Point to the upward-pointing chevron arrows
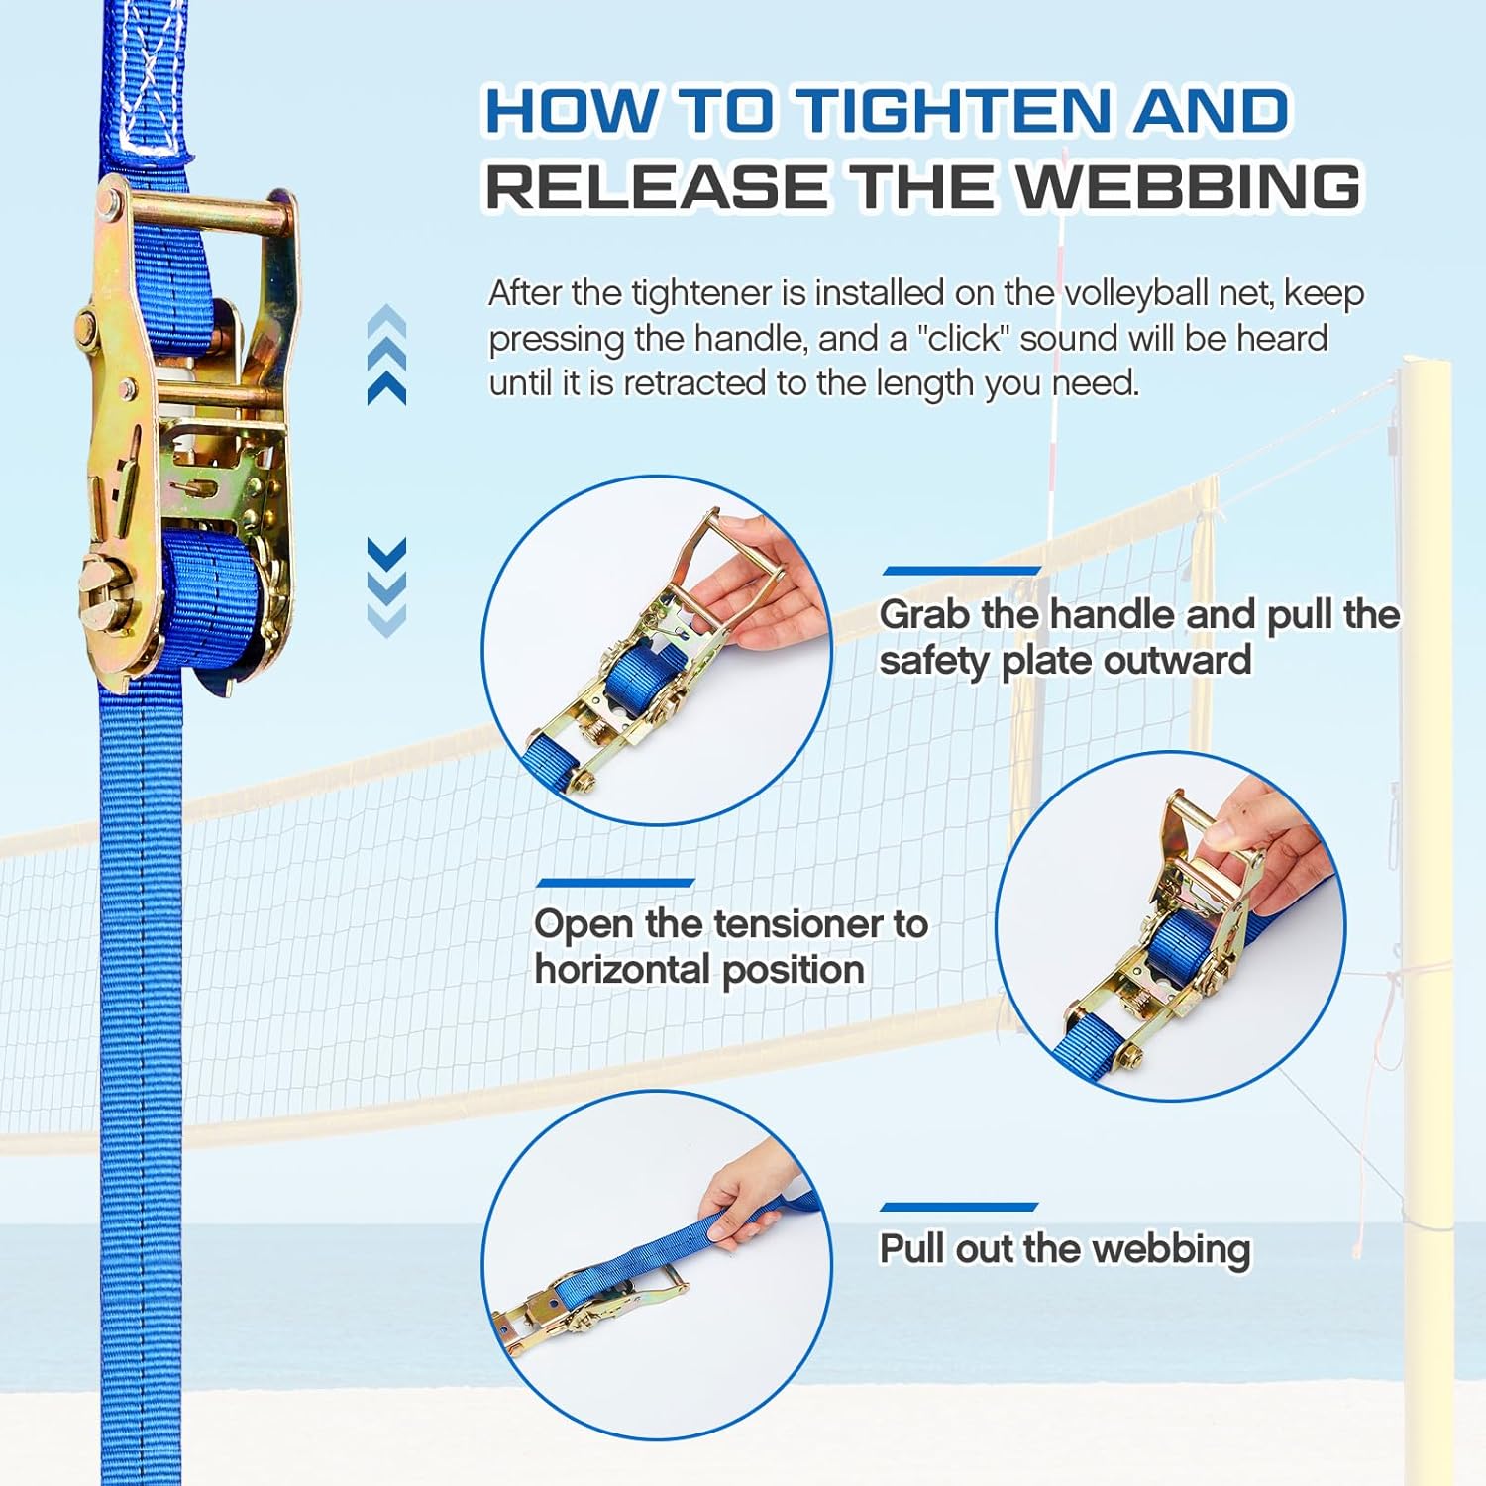386,354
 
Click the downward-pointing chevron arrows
386,586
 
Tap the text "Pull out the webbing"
1065,1249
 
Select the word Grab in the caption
924,614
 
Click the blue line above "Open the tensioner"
615,883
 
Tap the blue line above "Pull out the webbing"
959,1207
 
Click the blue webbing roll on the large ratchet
213,600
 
